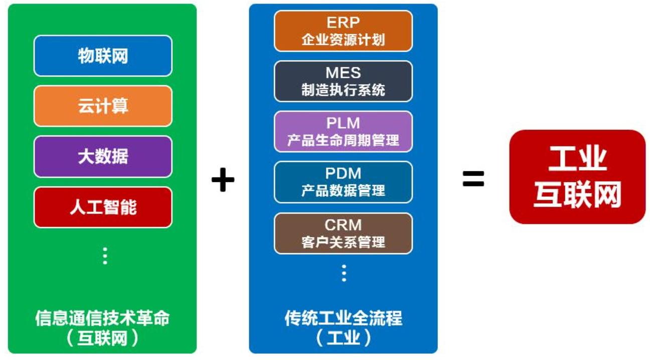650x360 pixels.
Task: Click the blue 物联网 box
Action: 103,56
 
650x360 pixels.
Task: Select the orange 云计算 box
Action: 103,106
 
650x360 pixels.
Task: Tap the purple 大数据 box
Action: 103,156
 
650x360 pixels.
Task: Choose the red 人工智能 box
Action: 103,207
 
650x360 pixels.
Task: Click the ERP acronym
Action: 343,23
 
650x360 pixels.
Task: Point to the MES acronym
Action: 343,73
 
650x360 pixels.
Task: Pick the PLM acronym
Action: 343,123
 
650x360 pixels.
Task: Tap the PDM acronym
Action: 343,173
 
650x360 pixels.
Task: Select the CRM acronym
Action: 343,225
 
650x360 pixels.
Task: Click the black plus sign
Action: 223,179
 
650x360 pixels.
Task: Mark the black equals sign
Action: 473,178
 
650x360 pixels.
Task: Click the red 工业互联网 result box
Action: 577,176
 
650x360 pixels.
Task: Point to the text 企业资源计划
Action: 343,40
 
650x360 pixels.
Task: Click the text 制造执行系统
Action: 343,90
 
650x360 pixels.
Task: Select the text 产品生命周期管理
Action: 343,140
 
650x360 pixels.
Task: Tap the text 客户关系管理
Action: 343,242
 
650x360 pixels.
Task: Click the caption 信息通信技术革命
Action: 102,318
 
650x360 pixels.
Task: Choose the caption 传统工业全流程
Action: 344,318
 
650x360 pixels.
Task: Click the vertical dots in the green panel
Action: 105,256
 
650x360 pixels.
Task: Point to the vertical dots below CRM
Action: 344,273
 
